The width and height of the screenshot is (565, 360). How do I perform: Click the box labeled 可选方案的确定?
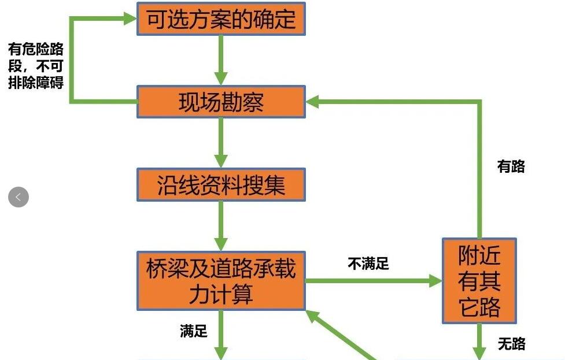pyautogui.click(x=220, y=19)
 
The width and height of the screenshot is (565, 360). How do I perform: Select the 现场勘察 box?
pyautogui.click(x=220, y=102)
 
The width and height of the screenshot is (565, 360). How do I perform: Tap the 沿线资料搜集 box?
pyautogui.click(x=220, y=185)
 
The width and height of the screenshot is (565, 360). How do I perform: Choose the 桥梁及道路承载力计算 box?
pyautogui.click(x=220, y=281)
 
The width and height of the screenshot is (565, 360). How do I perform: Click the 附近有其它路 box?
pyautogui.click(x=479, y=281)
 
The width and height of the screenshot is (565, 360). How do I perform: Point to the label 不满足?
pyautogui.click(x=368, y=264)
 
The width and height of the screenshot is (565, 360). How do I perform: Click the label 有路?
pyautogui.click(x=511, y=167)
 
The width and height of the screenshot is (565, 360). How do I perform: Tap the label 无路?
pyautogui.click(x=511, y=344)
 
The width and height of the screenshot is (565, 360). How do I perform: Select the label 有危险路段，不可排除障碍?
pyautogui.click(x=35, y=66)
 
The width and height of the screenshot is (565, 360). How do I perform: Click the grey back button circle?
pyautogui.click(x=19, y=197)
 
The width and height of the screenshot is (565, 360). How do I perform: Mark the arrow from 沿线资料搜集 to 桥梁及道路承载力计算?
pyautogui.click(x=220, y=226)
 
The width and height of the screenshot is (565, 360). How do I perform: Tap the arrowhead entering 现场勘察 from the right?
pyautogui.click(x=313, y=102)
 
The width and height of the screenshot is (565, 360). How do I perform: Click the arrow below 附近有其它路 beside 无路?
pyautogui.click(x=479, y=344)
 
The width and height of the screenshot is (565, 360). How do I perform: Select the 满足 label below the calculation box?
pyautogui.click(x=193, y=331)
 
